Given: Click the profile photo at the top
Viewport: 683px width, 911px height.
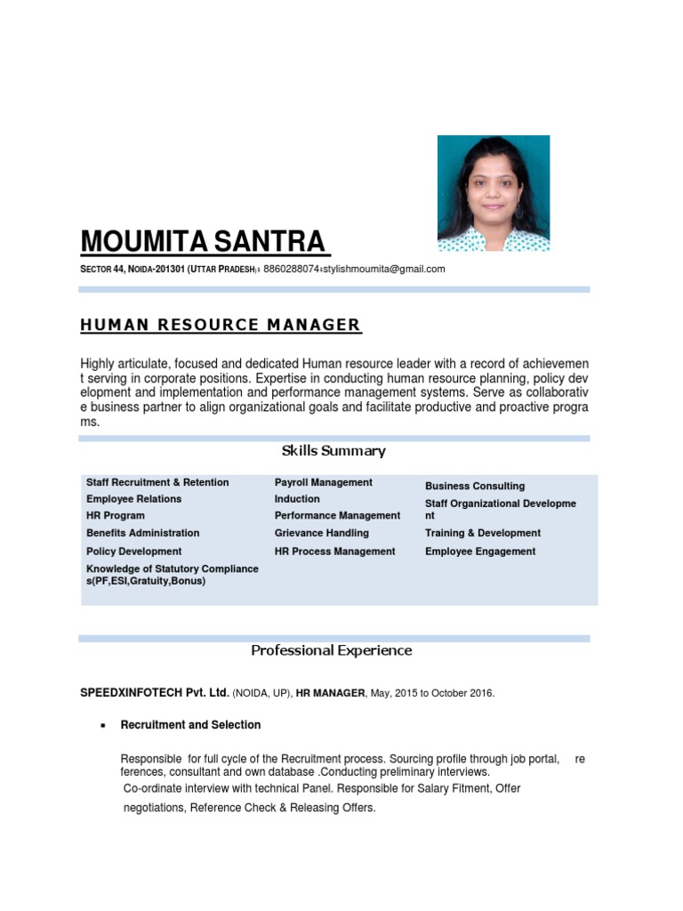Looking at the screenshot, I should [494, 193].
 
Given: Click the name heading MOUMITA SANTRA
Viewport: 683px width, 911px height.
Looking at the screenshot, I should [205, 241].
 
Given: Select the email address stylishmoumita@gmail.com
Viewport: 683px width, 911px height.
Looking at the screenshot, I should [384, 269].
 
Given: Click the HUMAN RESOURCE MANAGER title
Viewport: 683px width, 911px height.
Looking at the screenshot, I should [221, 325].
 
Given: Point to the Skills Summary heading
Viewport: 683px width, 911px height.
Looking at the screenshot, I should [333, 451].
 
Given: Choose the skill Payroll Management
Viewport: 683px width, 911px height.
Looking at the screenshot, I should [323, 482].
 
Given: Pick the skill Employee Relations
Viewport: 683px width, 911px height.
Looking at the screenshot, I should [133, 499].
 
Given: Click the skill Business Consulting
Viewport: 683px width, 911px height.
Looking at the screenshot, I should [475, 486].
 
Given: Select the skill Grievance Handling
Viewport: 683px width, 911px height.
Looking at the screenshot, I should [321, 533].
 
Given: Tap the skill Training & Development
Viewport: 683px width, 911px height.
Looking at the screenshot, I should [482, 533].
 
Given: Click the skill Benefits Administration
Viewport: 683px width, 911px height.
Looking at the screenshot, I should [142, 533].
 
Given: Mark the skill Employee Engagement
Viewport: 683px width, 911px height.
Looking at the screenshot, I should [480, 552].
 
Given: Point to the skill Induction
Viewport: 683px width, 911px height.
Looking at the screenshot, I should [297, 499].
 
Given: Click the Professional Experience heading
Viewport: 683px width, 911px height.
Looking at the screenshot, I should [331, 650].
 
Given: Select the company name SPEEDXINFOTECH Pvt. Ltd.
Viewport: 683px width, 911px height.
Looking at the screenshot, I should [155, 692].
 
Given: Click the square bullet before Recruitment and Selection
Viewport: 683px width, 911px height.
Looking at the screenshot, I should [103, 726].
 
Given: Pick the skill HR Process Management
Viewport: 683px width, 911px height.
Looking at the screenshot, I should [334, 552].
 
